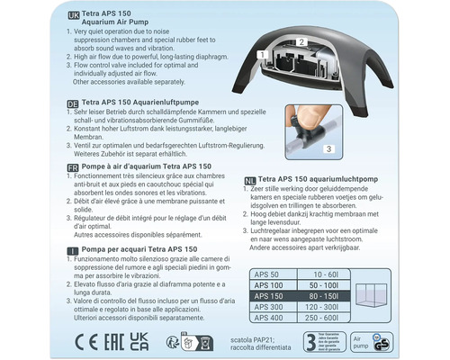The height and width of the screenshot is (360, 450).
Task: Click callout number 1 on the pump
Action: tap(260, 56)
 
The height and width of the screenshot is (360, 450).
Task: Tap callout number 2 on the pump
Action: tap(301, 42)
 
